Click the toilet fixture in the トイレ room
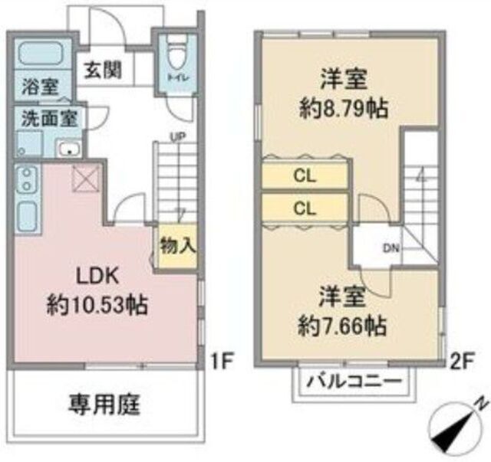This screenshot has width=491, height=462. [x=177, y=53]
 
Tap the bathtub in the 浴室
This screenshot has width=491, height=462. [x=41, y=54]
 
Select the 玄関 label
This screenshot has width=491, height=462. [x=104, y=70]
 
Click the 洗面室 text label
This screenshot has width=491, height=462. [x=49, y=119]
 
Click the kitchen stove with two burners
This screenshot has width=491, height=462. [x=28, y=181]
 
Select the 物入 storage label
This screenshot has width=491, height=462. [x=178, y=245]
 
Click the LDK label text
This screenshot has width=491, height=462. [x=98, y=276]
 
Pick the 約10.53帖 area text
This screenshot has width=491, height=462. [x=97, y=305]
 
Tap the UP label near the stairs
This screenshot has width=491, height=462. [x=178, y=136]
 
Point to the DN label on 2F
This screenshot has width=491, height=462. [x=391, y=249]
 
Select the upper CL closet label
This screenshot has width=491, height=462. [x=305, y=176]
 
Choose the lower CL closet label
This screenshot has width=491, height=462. [x=305, y=208]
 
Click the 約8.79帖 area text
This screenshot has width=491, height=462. [x=344, y=109]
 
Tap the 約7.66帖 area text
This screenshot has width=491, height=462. [x=342, y=326]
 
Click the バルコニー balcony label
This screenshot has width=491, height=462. [x=354, y=381]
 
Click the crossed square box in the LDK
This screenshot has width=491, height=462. [x=86, y=179]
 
